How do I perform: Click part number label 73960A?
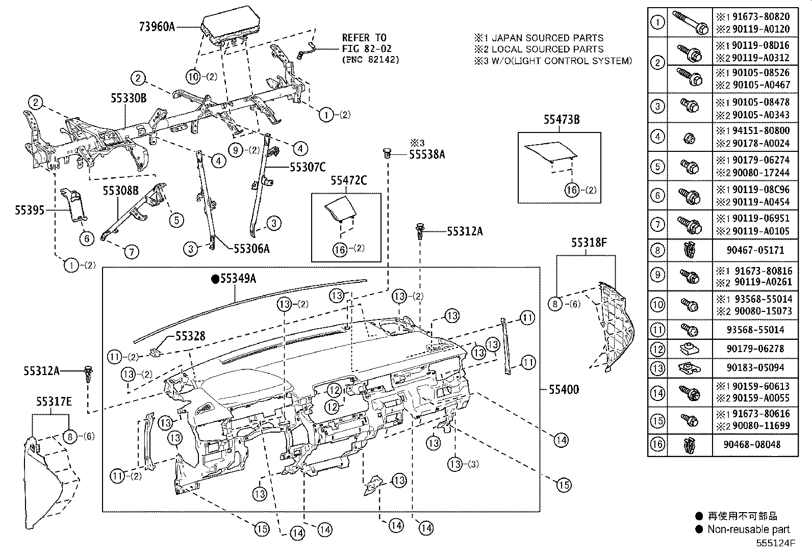(x=157, y=27)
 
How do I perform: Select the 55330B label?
(x=128, y=99)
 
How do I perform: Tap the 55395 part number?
(x=30, y=210)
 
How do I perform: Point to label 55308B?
(x=120, y=191)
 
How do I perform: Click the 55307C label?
(x=308, y=166)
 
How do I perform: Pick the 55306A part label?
(x=251, y=249)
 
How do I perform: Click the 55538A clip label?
(x=426, y=154)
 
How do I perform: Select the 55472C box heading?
(x=348, y=180)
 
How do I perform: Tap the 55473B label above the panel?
(x=561, y=120)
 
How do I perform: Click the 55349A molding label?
(x=238, y=279)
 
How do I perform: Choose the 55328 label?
(x=190, y=336)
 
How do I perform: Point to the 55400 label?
(x=564, y=390)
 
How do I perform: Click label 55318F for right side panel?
(x=589, y=243)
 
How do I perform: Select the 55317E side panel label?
(x=54, y=402)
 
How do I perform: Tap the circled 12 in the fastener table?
(x=658, y=349)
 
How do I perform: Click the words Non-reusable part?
(x=748, y=529)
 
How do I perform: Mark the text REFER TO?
(x=364, y=38)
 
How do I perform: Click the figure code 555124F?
(x=775, y=543)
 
